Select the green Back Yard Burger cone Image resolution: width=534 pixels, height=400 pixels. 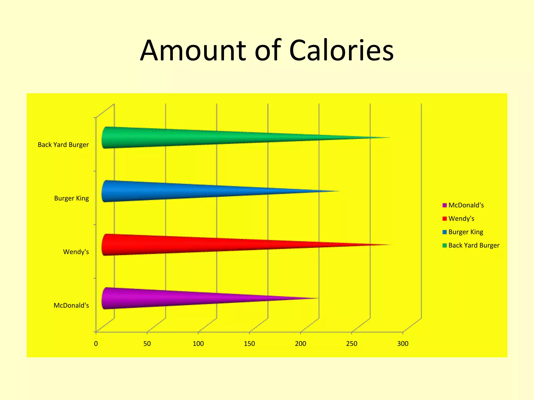209,137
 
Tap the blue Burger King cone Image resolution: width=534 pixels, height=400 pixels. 196,191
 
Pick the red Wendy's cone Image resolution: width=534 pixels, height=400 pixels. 209,245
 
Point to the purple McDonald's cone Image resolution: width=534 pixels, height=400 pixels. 183,298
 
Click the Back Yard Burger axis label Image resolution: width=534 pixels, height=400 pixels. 63,145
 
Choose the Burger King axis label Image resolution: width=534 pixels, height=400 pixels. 71,198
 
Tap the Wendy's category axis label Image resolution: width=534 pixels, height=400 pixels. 76,252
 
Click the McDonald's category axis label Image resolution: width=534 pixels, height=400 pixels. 71,305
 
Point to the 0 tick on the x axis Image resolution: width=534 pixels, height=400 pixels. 96,344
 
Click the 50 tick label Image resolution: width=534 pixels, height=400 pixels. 147,344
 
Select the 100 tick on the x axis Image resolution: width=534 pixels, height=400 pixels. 198,344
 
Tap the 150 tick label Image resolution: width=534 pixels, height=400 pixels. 249,344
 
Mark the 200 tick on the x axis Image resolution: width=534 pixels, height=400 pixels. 300,344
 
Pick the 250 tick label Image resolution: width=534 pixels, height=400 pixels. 351,344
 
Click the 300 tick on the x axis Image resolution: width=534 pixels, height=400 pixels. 403,344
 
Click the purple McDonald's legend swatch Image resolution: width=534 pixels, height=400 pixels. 445,205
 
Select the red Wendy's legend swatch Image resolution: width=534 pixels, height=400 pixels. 445,219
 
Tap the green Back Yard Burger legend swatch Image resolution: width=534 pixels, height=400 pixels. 445,246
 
